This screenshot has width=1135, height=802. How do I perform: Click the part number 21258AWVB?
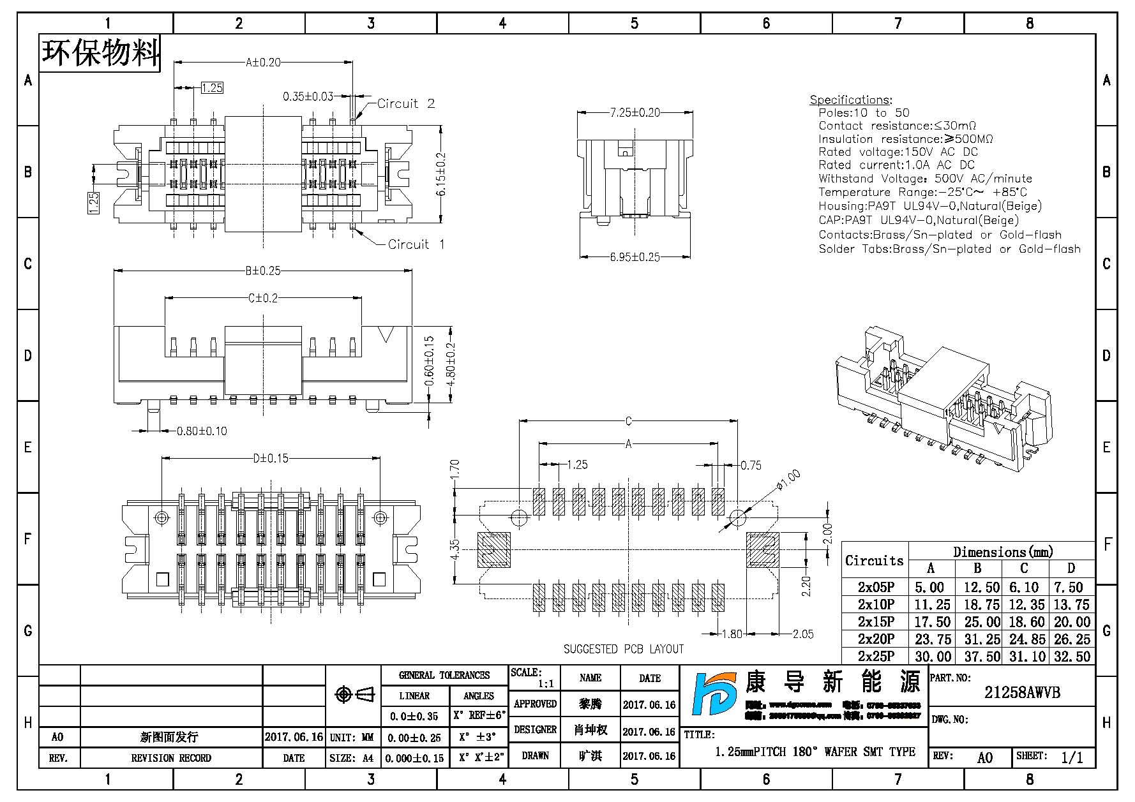1021,693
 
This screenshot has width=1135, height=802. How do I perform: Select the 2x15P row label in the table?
875,621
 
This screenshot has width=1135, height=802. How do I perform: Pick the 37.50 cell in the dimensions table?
977,657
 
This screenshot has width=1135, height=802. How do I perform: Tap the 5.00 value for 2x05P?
929,587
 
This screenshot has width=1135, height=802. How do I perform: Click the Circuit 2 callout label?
405,103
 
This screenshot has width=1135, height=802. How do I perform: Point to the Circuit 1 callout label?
416,244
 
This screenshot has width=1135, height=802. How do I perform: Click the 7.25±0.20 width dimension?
635,113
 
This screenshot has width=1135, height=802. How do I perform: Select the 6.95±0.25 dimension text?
635,257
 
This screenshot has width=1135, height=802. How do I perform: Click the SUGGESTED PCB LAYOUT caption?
623,649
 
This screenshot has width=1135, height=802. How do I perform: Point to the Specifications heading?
850,100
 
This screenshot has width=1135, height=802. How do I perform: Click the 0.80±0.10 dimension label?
202,431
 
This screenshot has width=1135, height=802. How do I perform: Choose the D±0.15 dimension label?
271,458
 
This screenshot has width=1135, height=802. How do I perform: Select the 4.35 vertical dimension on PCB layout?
455,549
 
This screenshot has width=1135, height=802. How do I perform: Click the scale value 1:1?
545,683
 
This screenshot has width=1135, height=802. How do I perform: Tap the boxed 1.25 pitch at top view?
212,88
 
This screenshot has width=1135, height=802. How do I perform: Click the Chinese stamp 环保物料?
100,53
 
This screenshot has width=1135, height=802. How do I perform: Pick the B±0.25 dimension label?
263,271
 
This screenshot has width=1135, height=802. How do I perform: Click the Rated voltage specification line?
898,152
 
